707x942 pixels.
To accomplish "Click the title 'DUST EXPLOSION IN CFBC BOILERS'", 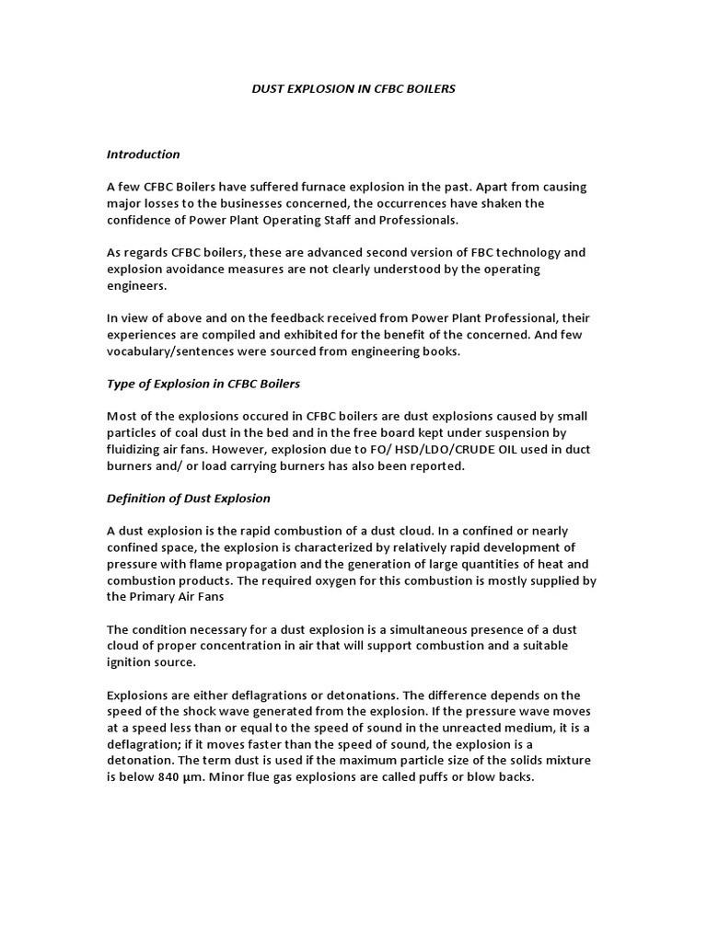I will (x=353, y=89).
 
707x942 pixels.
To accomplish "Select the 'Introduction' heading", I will (x=143, y=154).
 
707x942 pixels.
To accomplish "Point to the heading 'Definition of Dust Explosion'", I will (x=188, y=498).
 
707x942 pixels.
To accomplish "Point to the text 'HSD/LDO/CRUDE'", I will (x=457, y=449).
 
